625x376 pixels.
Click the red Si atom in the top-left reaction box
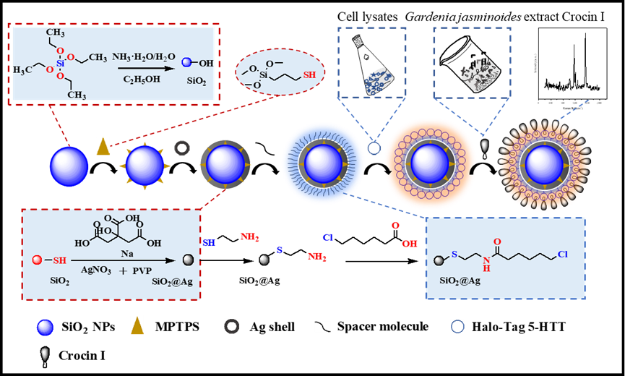(61, 62)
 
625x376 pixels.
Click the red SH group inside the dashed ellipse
(309, 74)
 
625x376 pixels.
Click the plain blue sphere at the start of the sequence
(69, 166)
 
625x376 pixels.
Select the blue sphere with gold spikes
(145, 166)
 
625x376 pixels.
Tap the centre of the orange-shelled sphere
(429, 164)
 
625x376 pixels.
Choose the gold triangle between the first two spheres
(103, 146)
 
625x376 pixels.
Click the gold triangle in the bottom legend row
(137, 325)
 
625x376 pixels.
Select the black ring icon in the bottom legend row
(231, 326)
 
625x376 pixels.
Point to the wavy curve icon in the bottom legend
(322, 326)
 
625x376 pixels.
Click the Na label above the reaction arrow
(127, 254)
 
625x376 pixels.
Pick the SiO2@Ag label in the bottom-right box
(460, 280)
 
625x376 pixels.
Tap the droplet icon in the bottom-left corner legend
(45, 355)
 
